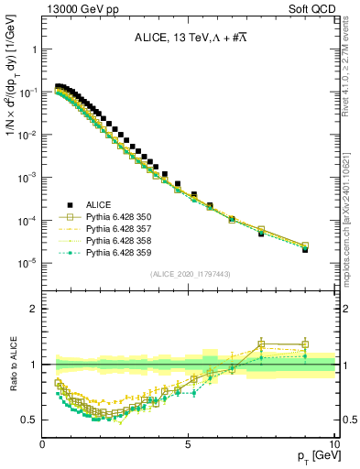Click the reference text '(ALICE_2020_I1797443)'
tap(190, 273)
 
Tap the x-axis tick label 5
tap(188, 443)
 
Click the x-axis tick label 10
tap(333, 443)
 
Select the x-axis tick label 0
tap(43, 443)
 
